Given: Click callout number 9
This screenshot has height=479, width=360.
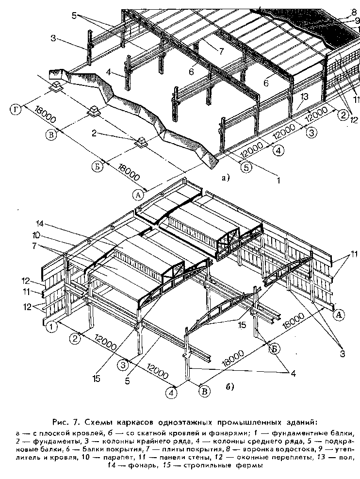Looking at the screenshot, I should pos(357,20).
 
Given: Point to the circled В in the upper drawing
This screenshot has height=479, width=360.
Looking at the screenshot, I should pos(49,134).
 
